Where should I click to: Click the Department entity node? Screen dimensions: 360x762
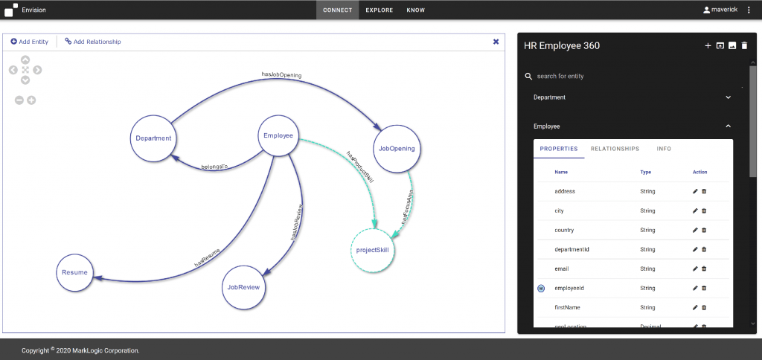point(154,138)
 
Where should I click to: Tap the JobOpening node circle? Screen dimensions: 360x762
point(397,148)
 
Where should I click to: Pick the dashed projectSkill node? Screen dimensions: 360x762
point(372,250)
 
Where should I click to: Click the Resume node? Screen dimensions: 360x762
point(74,273)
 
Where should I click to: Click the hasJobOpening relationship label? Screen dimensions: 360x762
point(281,74)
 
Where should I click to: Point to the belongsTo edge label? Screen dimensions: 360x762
point(214,167)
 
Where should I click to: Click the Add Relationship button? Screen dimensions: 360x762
point(93,42)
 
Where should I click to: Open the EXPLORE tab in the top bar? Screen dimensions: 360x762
point(380,10)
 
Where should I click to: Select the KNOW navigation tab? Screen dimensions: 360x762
point(416,10)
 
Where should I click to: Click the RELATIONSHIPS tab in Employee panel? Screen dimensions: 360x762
point(615,149)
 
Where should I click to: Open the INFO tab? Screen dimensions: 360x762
point(664,149)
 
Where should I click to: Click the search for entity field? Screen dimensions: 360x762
point(595,76)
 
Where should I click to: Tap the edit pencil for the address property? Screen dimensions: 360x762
point(695,191)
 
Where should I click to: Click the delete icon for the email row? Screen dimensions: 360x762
point(704,269)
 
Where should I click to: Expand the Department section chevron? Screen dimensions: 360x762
point(728,97)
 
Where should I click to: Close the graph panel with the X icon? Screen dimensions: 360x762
point(496,42)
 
